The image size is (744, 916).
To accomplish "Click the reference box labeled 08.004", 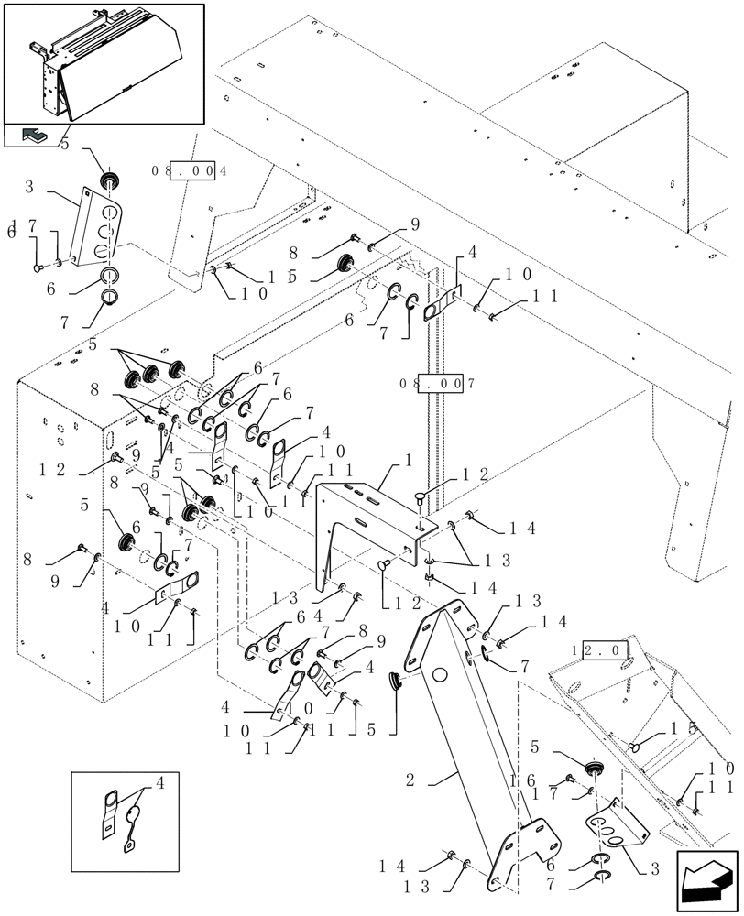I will (x=191, y=170).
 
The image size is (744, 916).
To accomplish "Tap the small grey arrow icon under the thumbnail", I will (x=34, y=136).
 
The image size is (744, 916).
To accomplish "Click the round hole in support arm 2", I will (x=440, y=676).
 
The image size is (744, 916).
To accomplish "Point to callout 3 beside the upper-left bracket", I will (x=29, y=187).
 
